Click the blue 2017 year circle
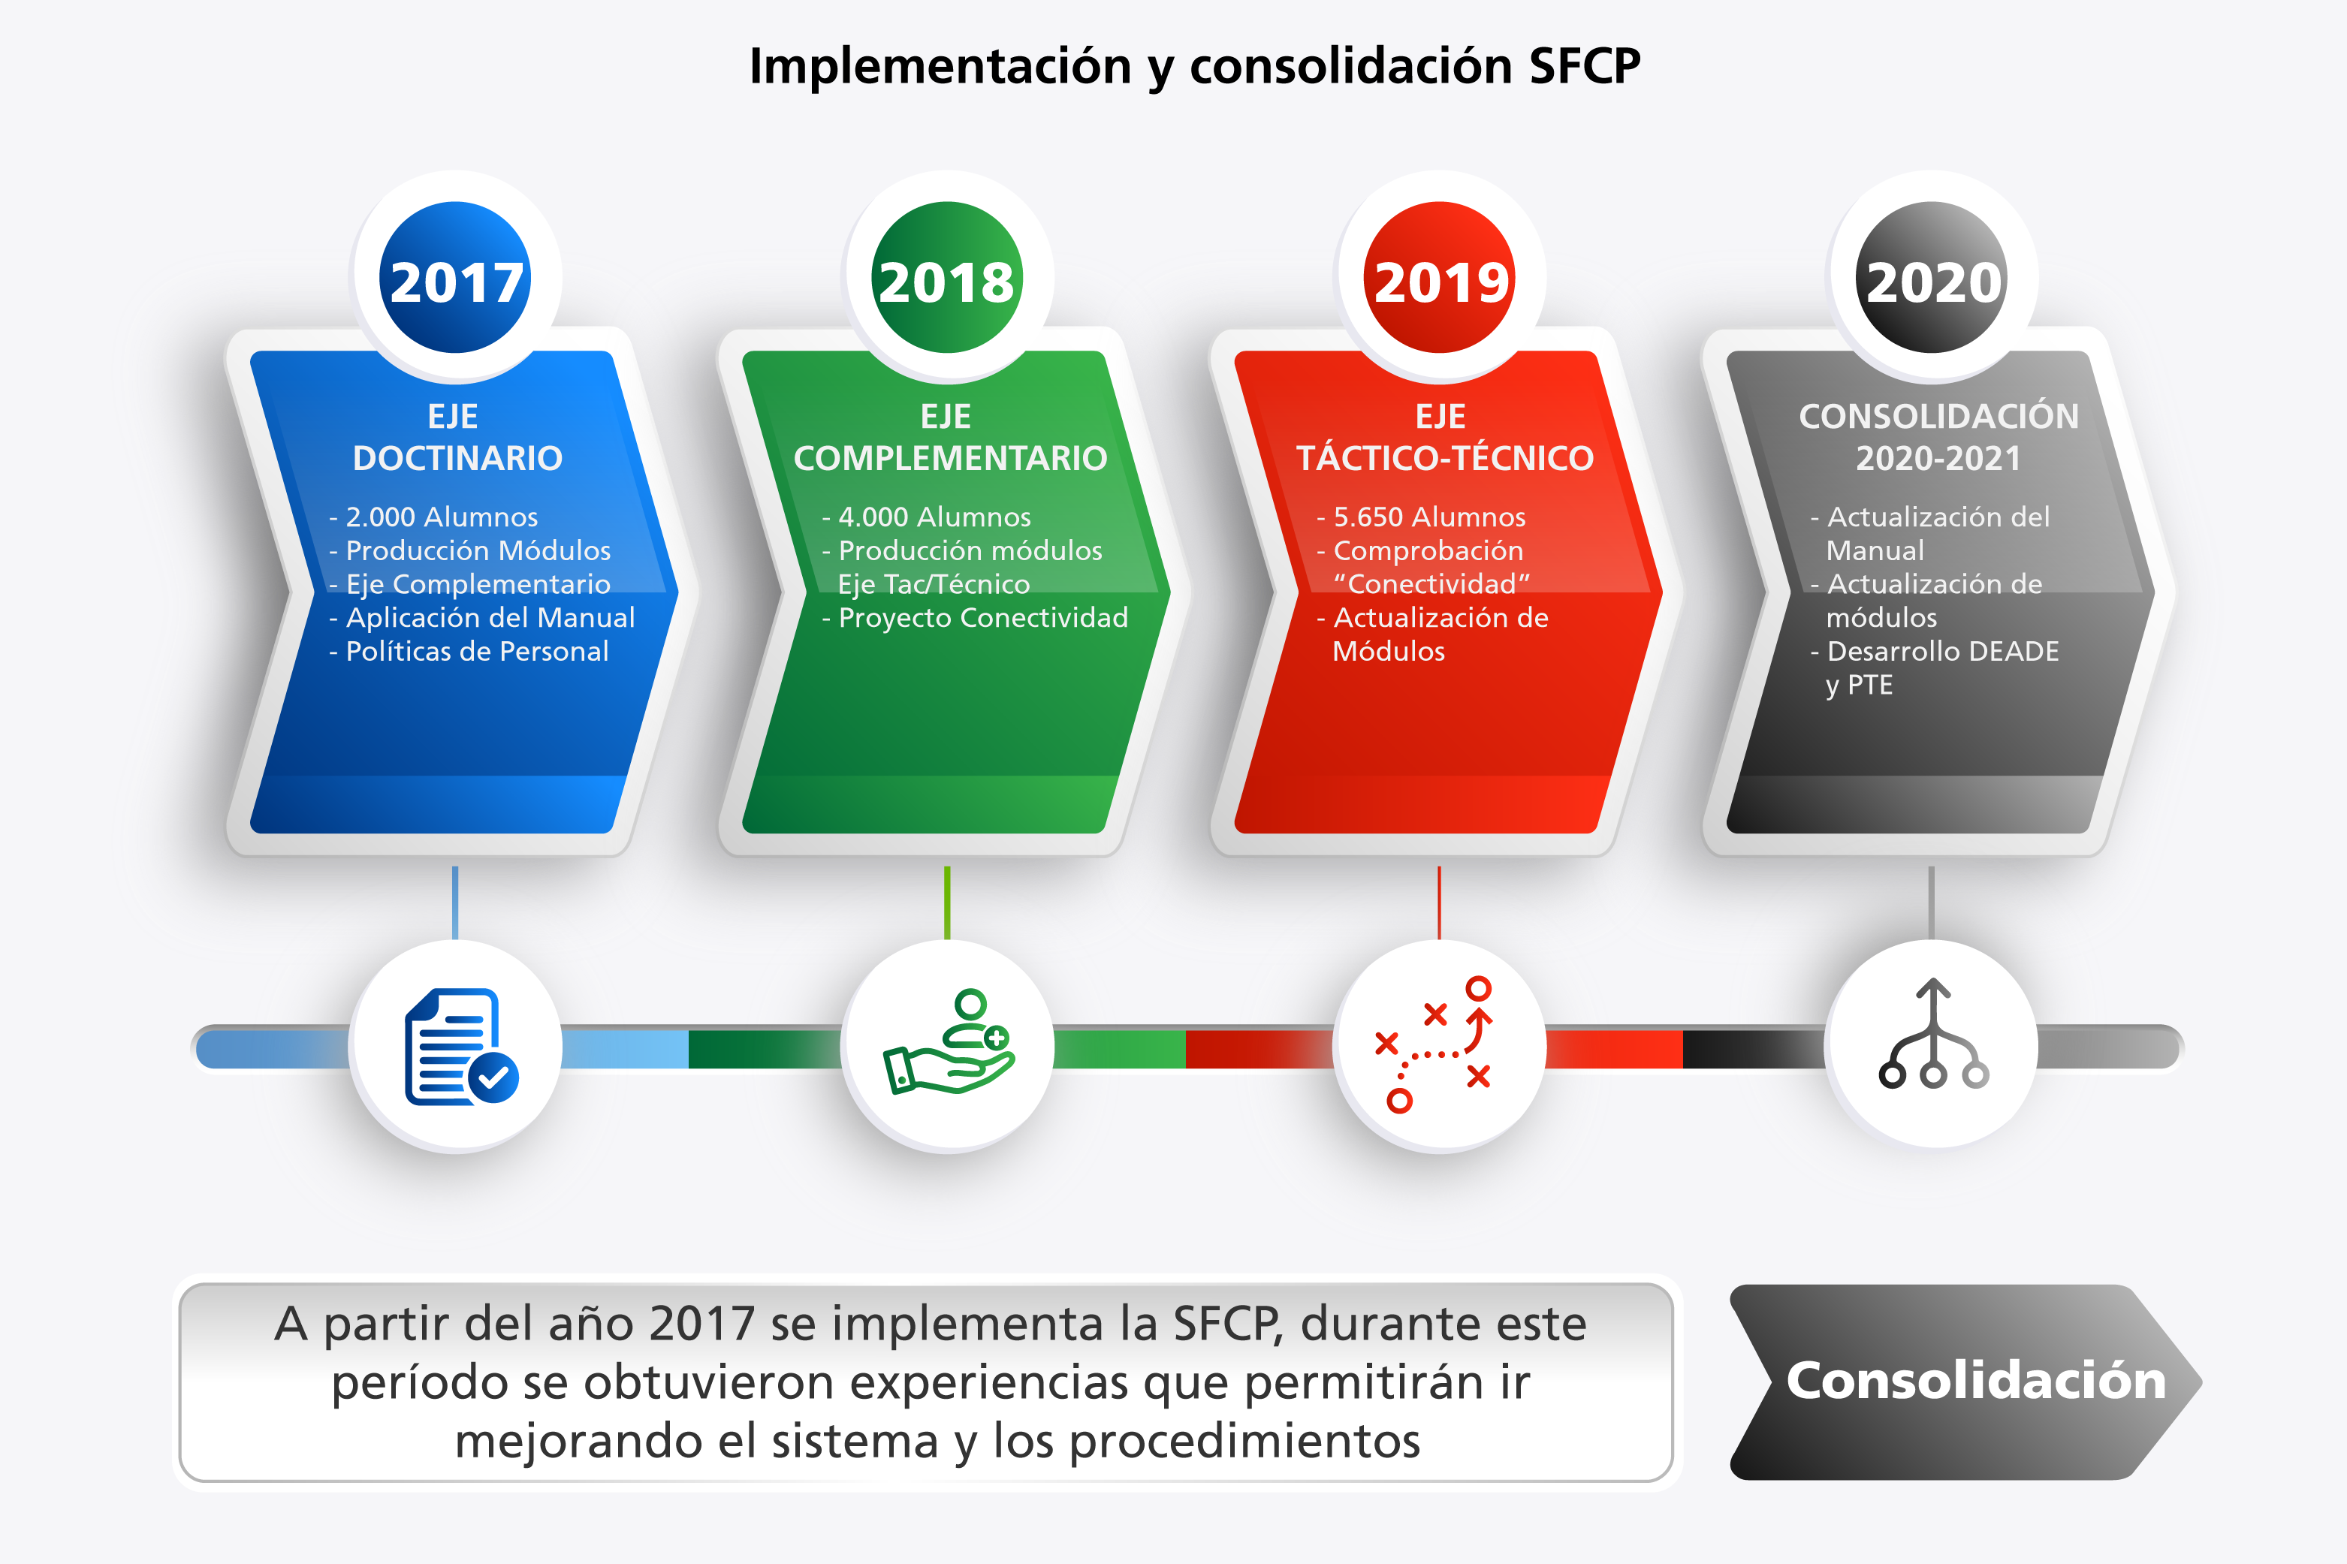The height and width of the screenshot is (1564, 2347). [x=455, y=277]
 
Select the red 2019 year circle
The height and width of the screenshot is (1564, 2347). [x=1439, y=277]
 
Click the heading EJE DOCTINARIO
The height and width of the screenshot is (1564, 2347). [x=457, y=437]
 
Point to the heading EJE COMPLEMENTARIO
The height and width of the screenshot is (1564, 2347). [x=949, y=437]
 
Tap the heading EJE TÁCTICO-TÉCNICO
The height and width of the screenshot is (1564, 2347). [x=1444, y=437]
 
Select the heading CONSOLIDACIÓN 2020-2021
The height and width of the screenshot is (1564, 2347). [x=1938, y=437]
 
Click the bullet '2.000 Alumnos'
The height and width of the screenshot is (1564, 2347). [x=434, y=517]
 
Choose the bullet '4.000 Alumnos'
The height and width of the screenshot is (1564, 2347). [x=927, y=517]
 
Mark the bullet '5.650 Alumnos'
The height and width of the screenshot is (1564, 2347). [x=1422, y=517]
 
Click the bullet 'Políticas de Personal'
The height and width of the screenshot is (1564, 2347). [x=469, y=651]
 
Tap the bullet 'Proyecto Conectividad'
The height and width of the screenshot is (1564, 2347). [x=975, y=617]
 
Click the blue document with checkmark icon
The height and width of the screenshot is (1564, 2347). [x=461, y=1047]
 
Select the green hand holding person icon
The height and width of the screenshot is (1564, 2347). [x=949, y=1041]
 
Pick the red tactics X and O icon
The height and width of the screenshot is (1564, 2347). [x=1433, y=1044]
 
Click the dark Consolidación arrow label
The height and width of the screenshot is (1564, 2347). [x=1965, y=1382]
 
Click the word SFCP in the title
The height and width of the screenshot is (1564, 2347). [x=1584, y=66]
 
